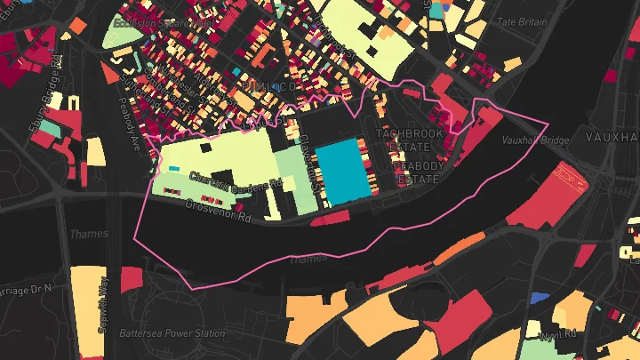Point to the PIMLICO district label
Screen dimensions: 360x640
pos(264,86)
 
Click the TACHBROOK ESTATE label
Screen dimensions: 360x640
pos(409,140)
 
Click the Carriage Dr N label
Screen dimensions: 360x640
pos(22,290)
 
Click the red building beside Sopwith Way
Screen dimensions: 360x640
pos(131,278)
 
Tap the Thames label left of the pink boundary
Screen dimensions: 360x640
pos(87,234)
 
